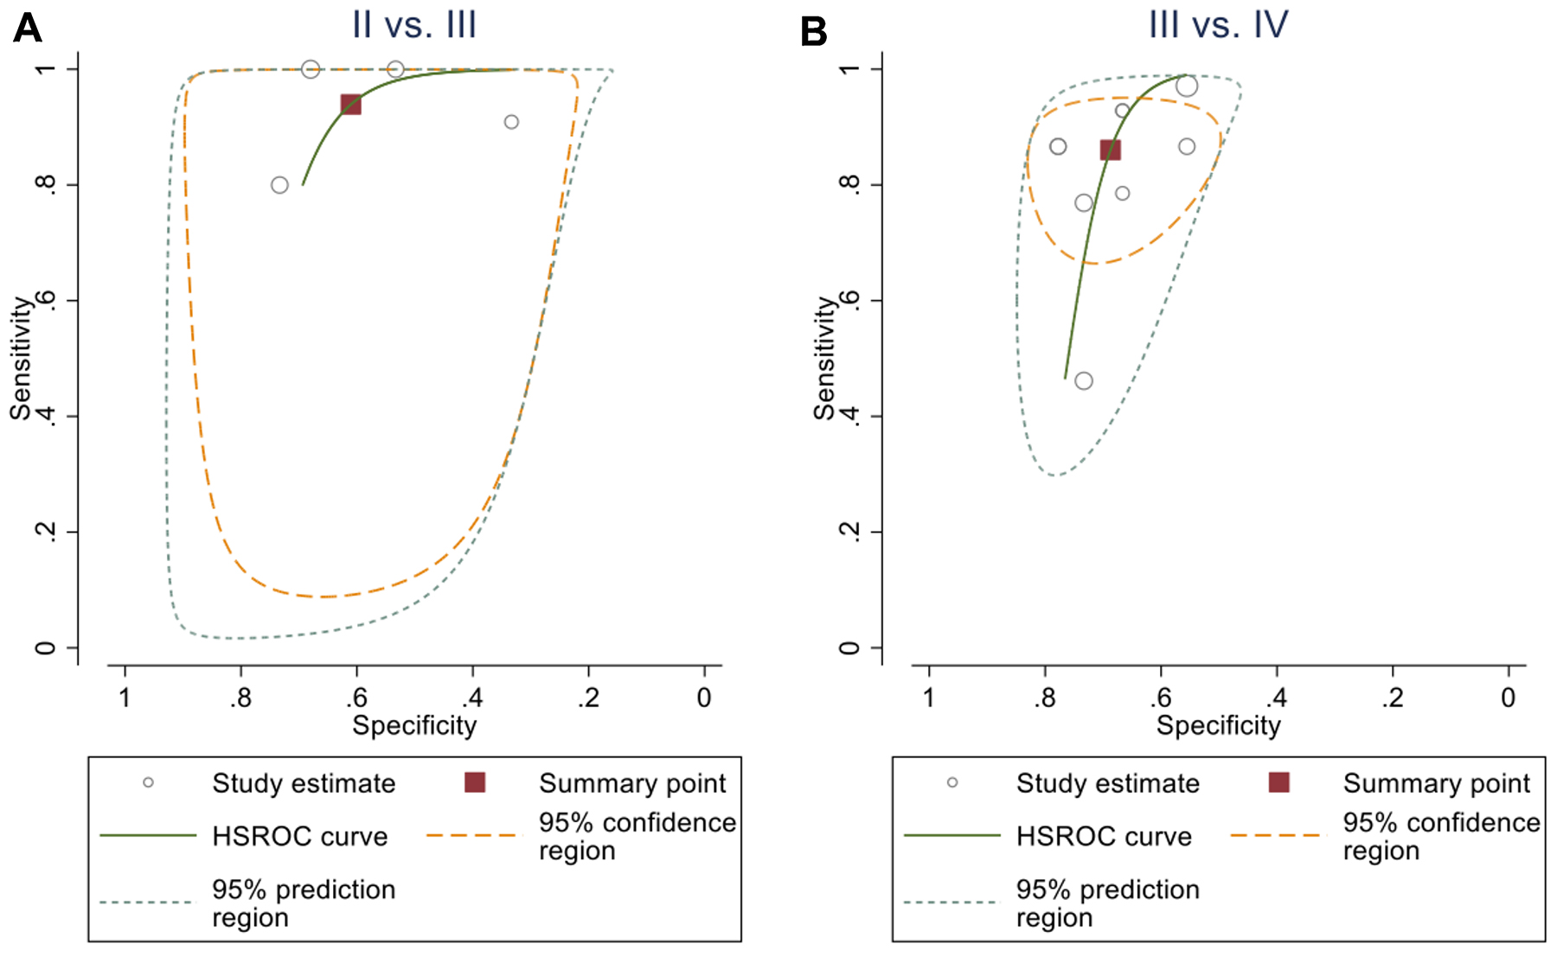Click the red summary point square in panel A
coord(350,105)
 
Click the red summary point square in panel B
coord(1110,150)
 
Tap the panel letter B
coord(813,32)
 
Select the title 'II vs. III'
coord(414,24)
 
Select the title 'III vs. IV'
coord(1218,24)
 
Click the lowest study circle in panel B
coord(1083,381)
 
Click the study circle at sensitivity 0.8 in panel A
coord(279,185)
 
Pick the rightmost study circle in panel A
coord(511,122)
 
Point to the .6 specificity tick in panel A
coord(356,697)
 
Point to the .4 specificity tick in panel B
coord(1277,697)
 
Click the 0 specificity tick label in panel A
coord(704,697)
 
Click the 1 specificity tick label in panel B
coord(929,697)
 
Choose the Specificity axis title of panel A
coord(414,725)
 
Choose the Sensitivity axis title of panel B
coord(824,359)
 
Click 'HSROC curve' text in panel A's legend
coord(299,836)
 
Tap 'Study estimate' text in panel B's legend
coord(1107,783)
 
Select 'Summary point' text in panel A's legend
coord(632,783)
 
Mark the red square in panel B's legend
coord(1278,782)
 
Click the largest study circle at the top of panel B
coord(1186,86)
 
